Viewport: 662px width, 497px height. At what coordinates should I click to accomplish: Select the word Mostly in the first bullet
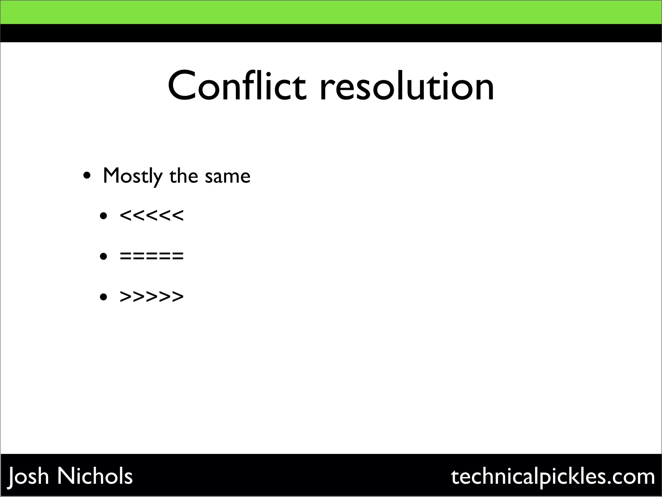coord(133,177)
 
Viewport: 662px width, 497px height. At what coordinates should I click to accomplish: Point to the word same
coord(228,177)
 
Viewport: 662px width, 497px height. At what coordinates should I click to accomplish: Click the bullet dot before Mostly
coord(87,177)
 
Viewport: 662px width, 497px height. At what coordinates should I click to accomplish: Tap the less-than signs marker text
coord(152,215)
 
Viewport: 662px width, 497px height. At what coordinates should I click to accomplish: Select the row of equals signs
coord(152,256)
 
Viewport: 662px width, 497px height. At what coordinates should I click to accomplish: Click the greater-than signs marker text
coord(152,296)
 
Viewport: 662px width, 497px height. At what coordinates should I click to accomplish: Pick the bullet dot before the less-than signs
coord(103,216)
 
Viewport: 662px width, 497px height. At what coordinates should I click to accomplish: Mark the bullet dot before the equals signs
coord(103,257)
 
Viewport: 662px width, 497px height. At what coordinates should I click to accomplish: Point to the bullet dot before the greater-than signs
coord(103,297)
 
